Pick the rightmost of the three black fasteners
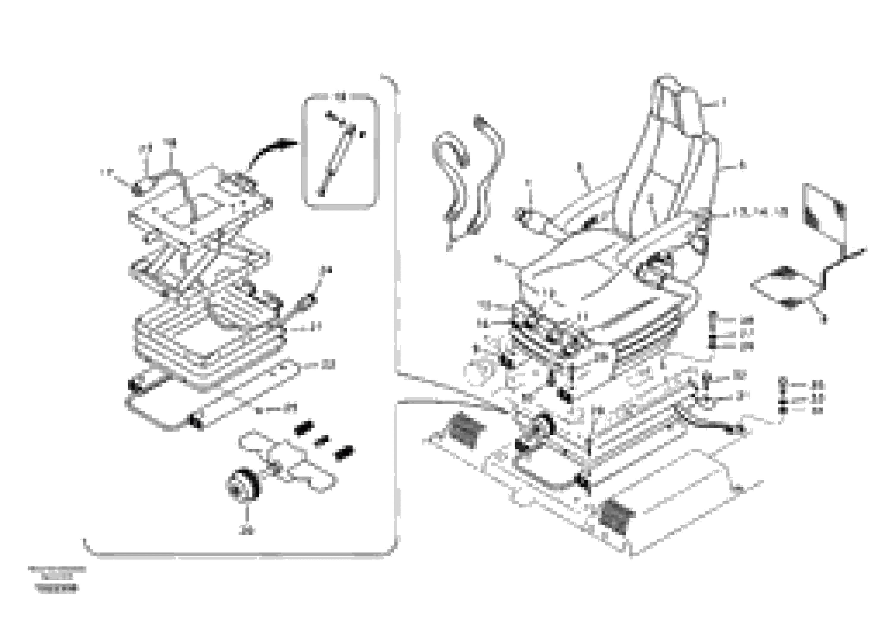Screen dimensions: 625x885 click(344, 453)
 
